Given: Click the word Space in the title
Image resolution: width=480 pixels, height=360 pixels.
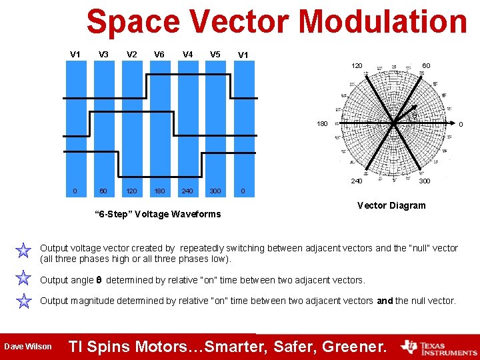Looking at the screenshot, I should click(x=133, y=22).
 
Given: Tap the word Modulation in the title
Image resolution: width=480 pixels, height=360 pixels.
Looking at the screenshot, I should click(x=383, y=22).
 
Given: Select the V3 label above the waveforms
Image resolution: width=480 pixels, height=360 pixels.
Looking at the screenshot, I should click(x=103, y=55).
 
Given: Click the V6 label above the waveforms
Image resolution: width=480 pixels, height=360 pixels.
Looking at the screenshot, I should click(x=159, y=55).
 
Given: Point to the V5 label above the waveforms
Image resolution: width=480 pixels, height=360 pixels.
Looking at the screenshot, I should click(x=215, y=55).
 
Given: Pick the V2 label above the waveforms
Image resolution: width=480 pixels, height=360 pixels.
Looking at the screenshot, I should click(x=132, y=55).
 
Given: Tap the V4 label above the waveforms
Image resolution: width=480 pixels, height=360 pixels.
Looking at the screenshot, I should click(x=188, y=55).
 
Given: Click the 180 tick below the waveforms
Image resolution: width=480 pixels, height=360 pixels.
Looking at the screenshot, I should click(x=160, y=191).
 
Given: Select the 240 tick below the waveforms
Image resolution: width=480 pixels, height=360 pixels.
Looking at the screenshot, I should click(x=187, y=191).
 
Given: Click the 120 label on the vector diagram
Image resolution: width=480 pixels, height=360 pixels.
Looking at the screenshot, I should click(x=357, y=66).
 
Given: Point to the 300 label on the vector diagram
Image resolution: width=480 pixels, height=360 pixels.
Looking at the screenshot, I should click(x=424, y=181).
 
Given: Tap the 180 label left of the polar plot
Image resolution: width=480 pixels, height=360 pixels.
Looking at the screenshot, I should click(x=322, y=124).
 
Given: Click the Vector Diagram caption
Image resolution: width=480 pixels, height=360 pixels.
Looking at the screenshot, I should click(x=391, y=205).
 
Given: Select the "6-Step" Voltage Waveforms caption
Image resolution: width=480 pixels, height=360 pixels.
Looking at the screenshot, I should click(x=159, y=214).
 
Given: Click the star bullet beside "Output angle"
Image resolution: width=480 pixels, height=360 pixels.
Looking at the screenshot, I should click(x=24, y=279).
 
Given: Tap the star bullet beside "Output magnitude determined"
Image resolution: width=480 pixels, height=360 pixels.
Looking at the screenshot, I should click(x=24, y=301).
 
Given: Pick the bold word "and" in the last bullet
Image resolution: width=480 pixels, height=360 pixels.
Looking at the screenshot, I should click(x=385, y=301).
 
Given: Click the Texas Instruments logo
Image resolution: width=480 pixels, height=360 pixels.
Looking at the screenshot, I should click(x=439, y=347).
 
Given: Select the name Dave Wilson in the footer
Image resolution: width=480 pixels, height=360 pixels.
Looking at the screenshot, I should click(x=27, y=346).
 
